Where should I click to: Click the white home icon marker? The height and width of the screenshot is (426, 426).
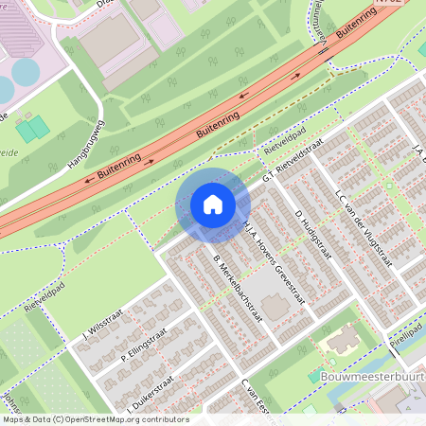click(213, 204)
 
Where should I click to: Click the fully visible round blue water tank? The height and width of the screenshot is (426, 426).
click(24, 71)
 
